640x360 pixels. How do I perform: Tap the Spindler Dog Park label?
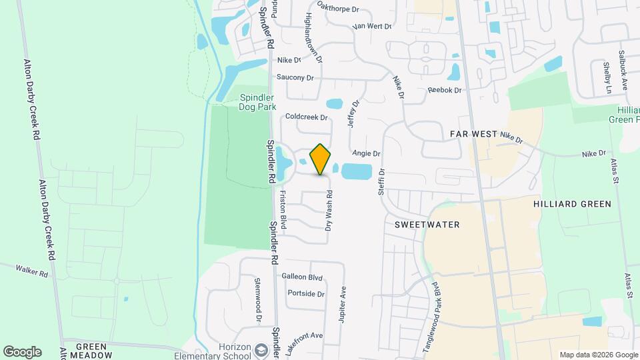coord(257,101)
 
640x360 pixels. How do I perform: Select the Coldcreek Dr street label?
coord(306,117)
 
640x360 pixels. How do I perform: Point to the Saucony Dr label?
coord(295,77)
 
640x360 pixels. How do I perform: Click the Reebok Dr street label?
coord(445,90)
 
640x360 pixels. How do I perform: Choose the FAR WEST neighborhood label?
coord(473,134)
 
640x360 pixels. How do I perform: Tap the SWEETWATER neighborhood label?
coord(427,225)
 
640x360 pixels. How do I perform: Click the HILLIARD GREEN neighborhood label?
coord(573,204)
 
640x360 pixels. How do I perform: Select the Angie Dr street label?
coord(366,153)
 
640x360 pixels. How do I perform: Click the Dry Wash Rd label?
coord(329,211)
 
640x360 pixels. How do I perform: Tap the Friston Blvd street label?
coord(283,211)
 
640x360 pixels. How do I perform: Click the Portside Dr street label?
coord(305,293)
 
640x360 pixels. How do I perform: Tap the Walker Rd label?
coord(33,273)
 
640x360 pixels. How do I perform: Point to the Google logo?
coord(22,351)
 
